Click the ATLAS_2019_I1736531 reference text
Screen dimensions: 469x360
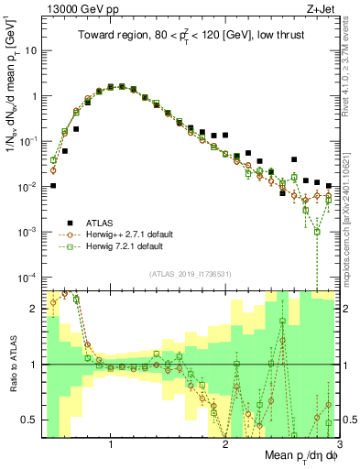click(x=189, y=274)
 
